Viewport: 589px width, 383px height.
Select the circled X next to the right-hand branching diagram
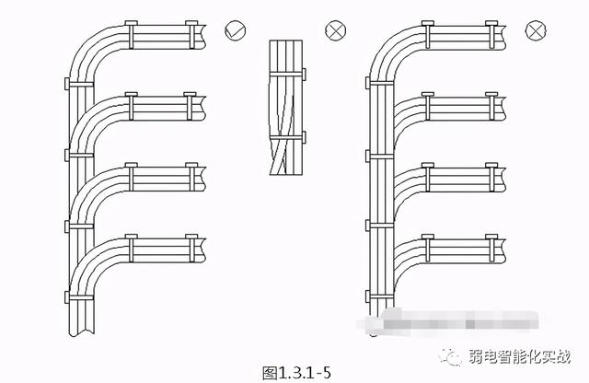click(x=535, y=30)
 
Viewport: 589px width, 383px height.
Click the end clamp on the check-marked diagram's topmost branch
click(x=191, y=34)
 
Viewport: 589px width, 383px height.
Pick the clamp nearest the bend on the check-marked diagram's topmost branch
click(x=130, y=34)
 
